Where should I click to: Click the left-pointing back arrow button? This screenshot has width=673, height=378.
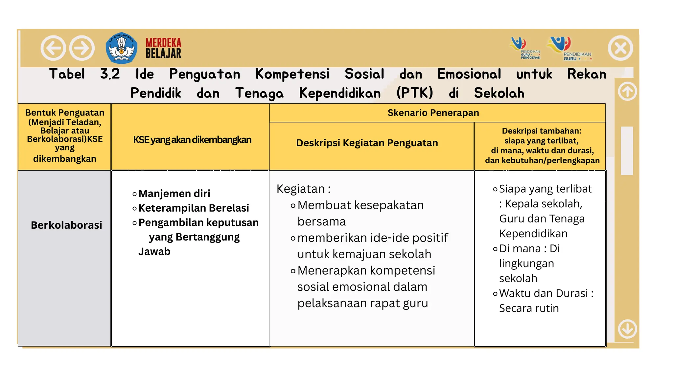(x=53, y=48)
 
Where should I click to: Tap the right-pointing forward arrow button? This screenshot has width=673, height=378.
(x=82, y=48)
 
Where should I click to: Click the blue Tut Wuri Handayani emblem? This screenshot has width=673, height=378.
(x=122, y=48)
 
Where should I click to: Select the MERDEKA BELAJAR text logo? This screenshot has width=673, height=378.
(x=163, y=48)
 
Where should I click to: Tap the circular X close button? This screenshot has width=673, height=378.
(x=620, y=48)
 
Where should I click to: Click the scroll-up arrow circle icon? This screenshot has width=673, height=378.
(x=627, y=91)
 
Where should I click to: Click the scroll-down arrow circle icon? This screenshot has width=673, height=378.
(x=627, y=328)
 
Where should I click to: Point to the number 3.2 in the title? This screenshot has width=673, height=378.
(x=110, y=74)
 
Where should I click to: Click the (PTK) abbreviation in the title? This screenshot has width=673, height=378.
(x=415, y=93)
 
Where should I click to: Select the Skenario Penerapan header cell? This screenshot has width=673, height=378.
(x=433, y=113)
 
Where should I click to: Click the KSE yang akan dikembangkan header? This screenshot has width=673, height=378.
(x=192, y=140)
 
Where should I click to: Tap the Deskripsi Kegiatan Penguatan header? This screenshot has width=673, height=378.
(x=367, y=143)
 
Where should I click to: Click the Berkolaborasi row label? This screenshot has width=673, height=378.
(x=66, y=225)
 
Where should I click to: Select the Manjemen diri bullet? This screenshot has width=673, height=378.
(x=174, y=194)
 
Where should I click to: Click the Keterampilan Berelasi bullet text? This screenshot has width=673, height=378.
(x=194, y=208)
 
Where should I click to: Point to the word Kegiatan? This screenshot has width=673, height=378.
(x=300, y=189)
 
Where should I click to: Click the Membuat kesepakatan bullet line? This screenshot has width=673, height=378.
(x=360, y=205)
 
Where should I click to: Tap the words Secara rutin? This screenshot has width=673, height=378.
(x=529, y=308)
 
